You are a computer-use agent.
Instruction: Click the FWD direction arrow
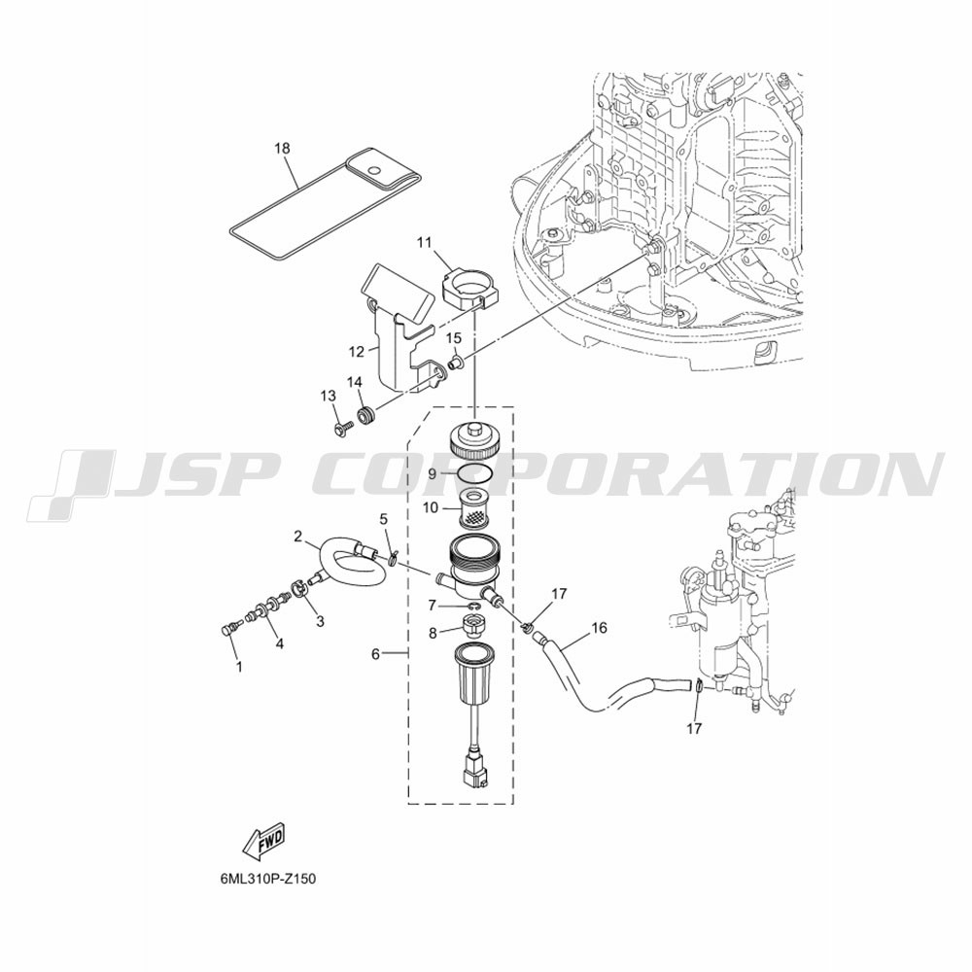[263, 842]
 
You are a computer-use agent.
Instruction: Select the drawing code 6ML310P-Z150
[262, 879]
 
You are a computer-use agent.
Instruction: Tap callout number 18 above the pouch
[282, 149]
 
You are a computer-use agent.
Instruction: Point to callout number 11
[424, 242]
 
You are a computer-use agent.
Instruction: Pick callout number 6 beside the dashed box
[375, 654]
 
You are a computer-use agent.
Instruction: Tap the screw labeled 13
[343, 427]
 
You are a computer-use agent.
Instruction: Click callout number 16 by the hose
[600, 628]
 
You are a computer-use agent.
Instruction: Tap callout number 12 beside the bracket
[357, 352]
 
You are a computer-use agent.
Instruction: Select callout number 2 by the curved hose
[298, 537]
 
